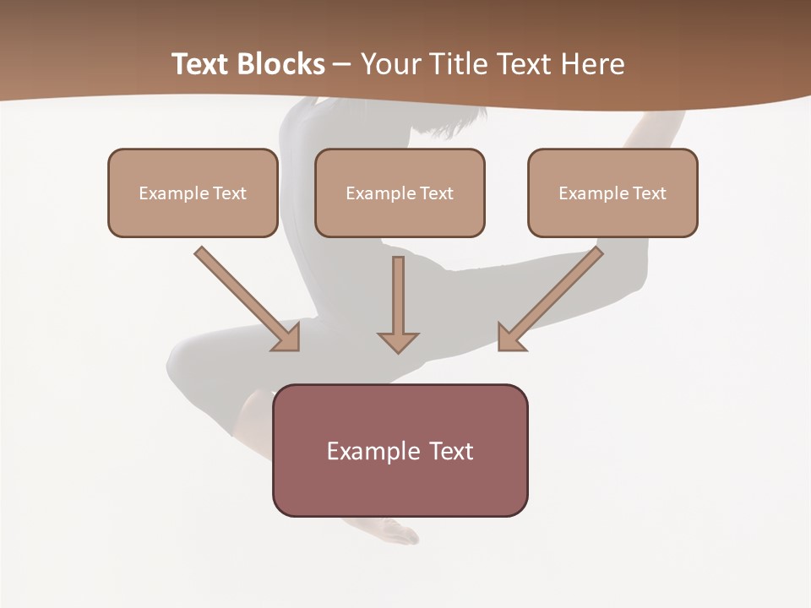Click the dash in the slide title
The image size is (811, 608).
[342, 65]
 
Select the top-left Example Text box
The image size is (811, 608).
[193, 193]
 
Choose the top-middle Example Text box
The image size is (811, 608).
[400, 193]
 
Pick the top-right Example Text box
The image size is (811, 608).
[612, 193]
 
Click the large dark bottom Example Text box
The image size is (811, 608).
[400, 450]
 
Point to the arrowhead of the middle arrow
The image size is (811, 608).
[398, 341]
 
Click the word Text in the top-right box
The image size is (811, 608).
[649, 193]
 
